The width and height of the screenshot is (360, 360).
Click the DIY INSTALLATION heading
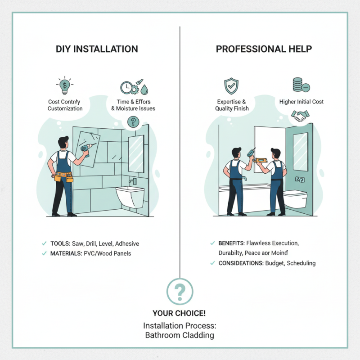[x=97, y=49]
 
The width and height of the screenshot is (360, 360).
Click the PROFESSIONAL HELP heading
[x=264, y=49]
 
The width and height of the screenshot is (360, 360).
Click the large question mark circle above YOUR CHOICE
[x=180, y=292]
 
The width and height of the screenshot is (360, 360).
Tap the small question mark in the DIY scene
[x=133, y=121]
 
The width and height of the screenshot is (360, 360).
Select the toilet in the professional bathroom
[x=295, y=198]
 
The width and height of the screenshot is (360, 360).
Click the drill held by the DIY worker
[x=86, y=149]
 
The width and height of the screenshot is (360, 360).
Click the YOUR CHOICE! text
[x=180, y=313]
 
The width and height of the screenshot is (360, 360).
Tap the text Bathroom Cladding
[x=180, y=335]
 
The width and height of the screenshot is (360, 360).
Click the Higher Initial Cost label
[x=301, y=102]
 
